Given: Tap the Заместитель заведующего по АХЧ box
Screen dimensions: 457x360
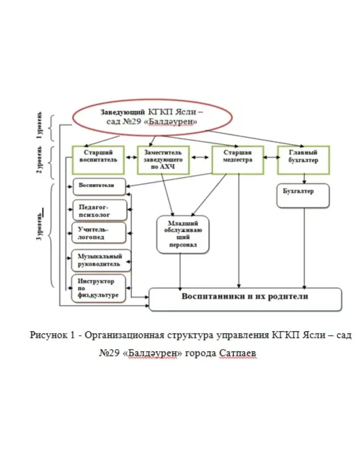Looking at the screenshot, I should click(x=163, y=159).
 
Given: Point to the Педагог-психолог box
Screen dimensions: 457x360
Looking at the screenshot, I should click(x=100, y=210).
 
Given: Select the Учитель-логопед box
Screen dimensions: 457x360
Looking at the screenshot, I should click(x=99, y=233).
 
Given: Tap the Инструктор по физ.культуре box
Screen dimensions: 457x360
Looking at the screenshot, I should click(x=99, y=288).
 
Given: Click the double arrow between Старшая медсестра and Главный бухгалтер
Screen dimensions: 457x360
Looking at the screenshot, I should click(x=271, y=157).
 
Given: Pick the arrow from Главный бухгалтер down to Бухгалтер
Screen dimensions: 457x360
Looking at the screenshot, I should click(x=303, y=178).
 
